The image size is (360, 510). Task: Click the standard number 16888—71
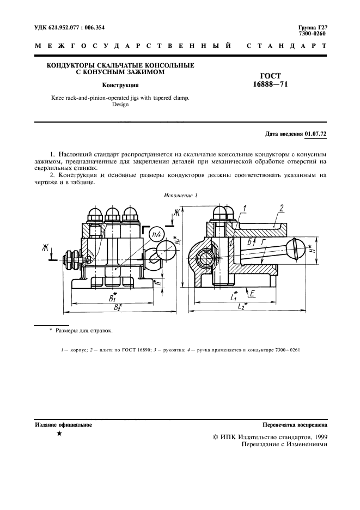(x=270, y=84)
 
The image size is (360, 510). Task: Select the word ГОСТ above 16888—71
(x=270, y=76)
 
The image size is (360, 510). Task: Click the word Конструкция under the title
(x=120, y=85)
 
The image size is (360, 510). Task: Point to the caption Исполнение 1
(x=180, y=195)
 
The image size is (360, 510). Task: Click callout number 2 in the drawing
(x=282, y=208)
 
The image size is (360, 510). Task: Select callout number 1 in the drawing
(x=245, y=208)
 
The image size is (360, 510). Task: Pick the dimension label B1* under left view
(x=113, y=298)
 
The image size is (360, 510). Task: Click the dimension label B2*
(x=115, y=308)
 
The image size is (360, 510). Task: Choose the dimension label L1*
(x=233, y=297)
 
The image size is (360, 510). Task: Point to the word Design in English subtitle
(x=120, y=105)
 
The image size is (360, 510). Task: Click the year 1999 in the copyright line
(x=318, y=436)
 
